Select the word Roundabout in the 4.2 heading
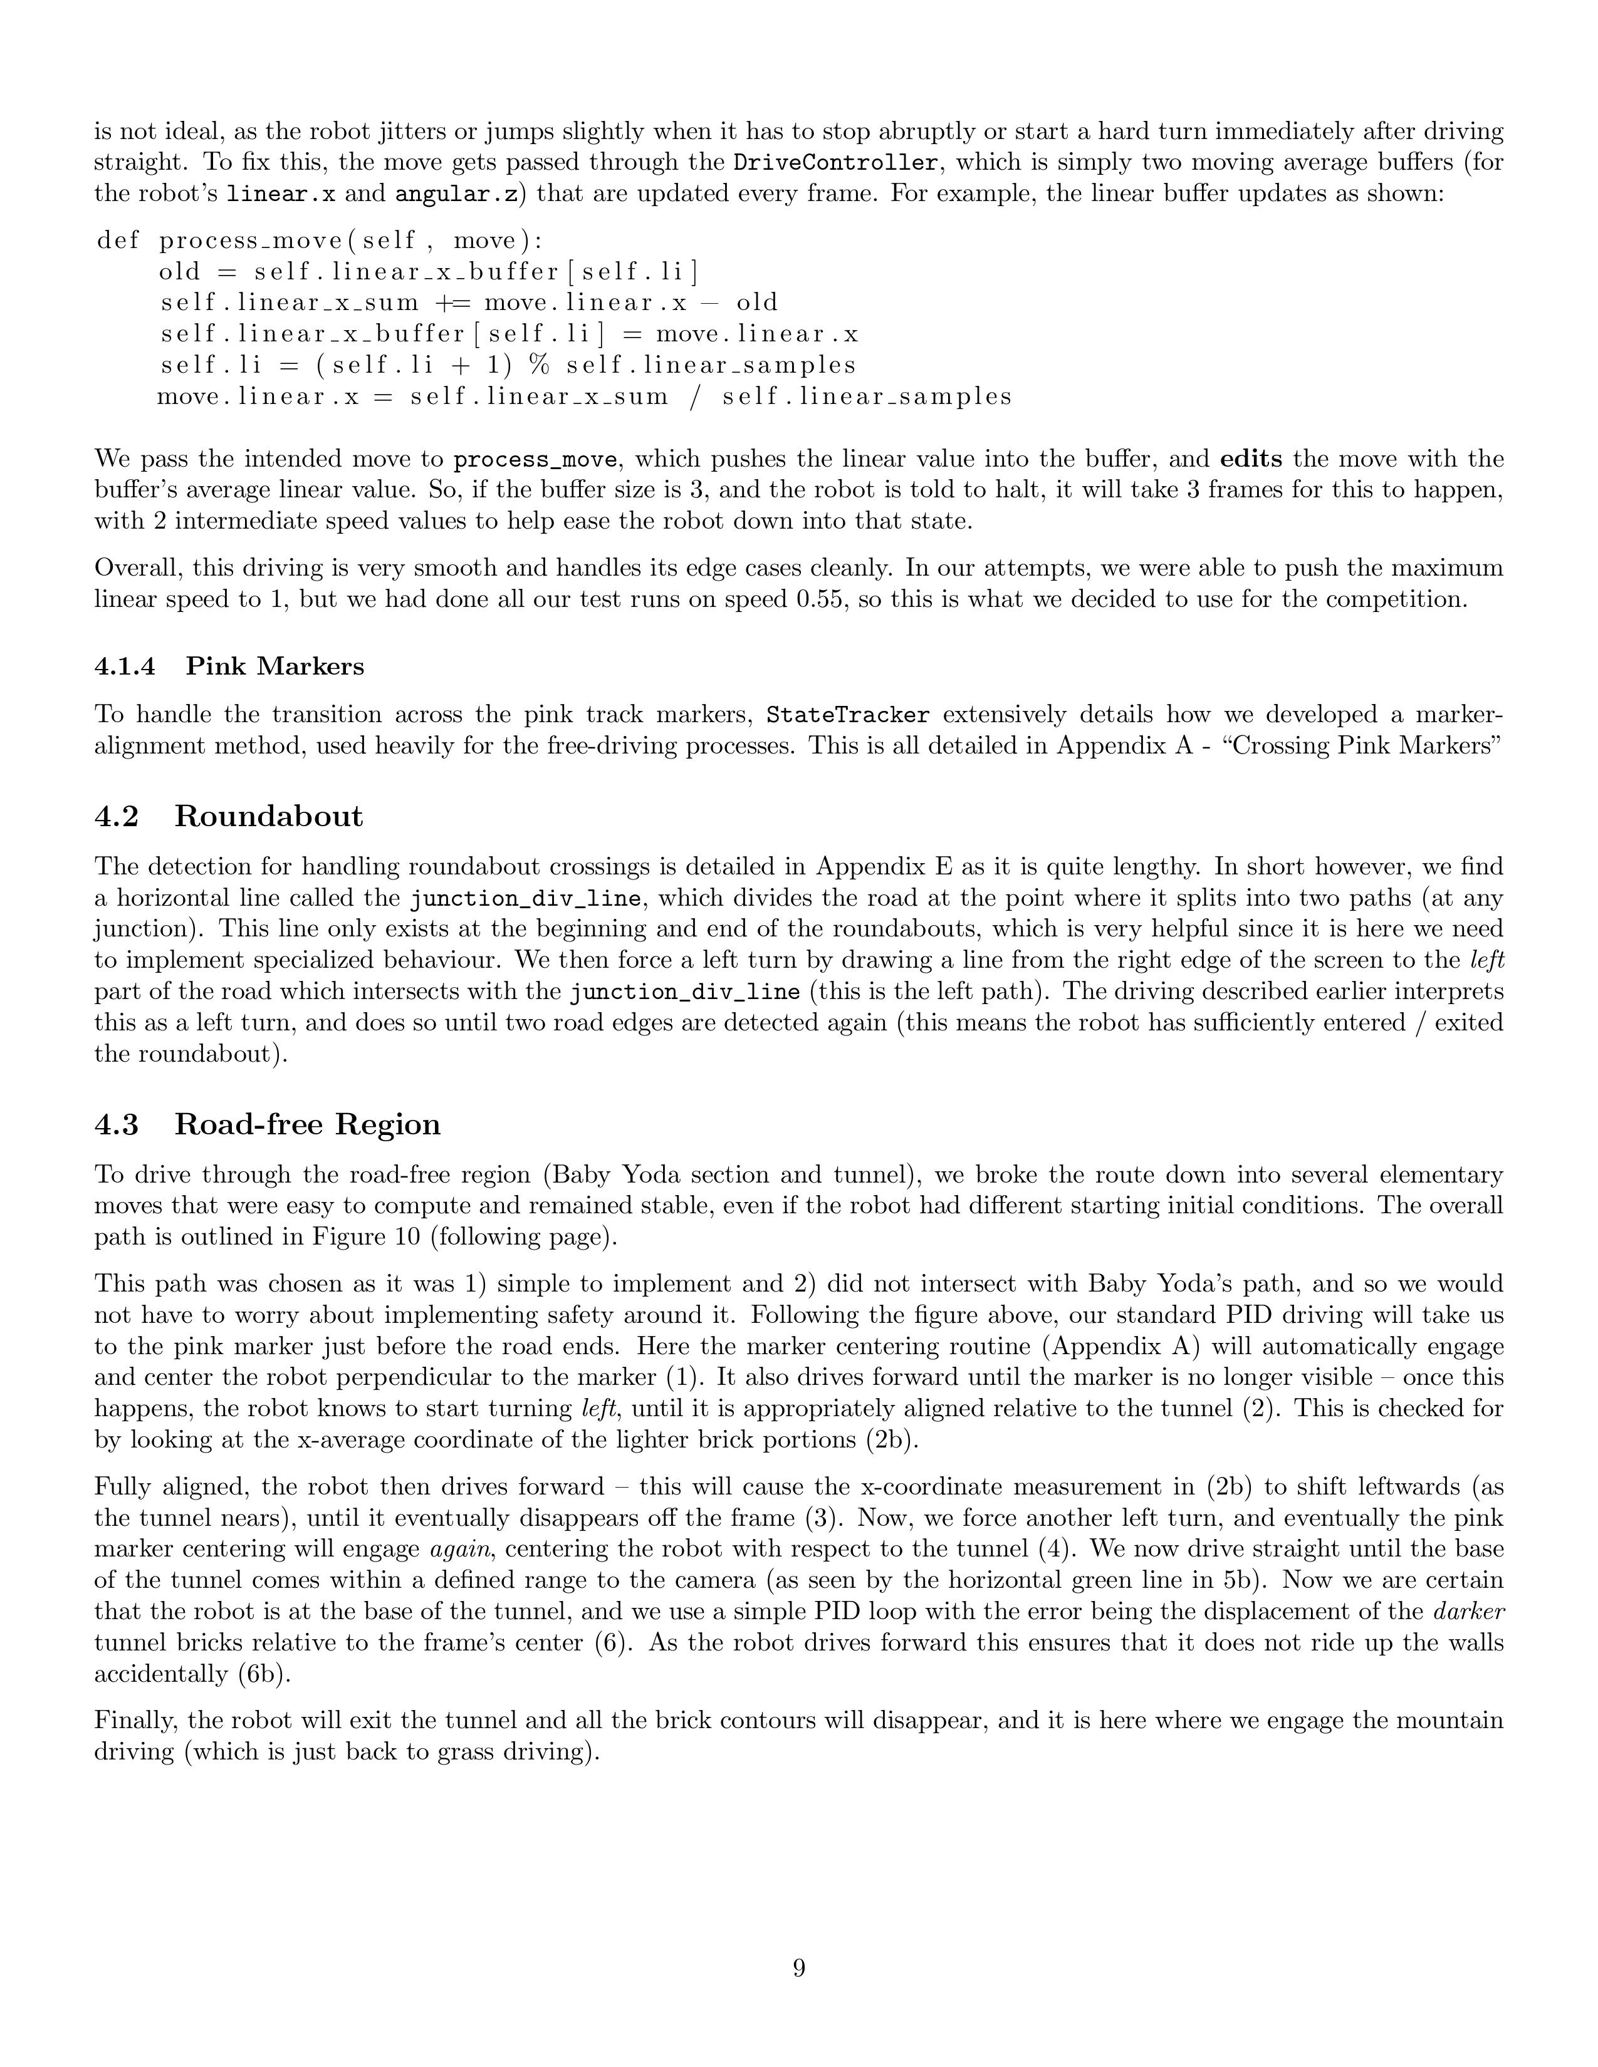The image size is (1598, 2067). pyautogui.click(x=268, y=816)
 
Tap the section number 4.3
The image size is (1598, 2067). pyautogui.click(x=117, y=1124)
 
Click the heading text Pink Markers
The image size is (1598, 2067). pyautogui.click(x=274, y=666)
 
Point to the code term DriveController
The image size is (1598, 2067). pyautogui.click(x=836, y=163)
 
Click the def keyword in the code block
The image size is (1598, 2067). pyautogui.click(x=118, y=241)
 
